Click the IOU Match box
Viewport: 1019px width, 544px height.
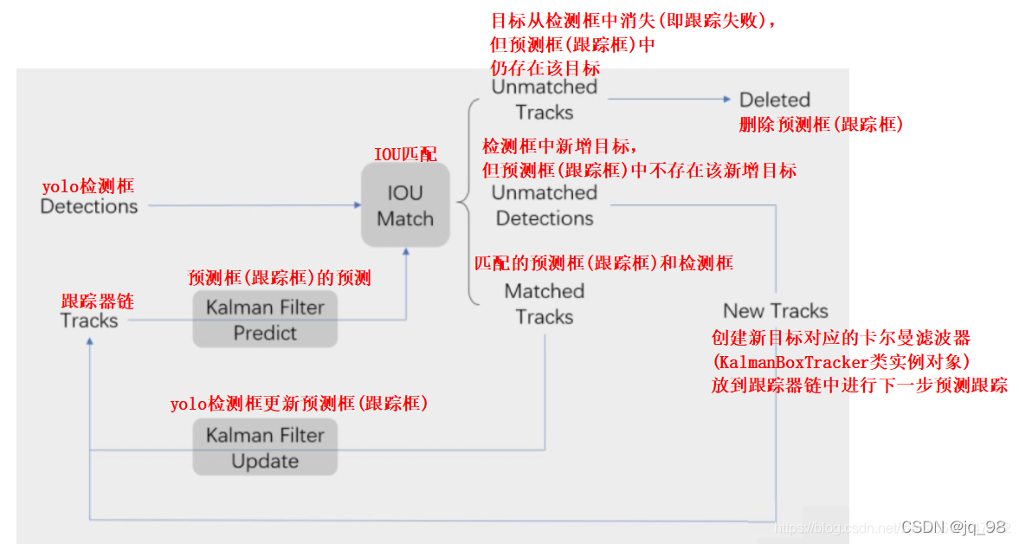point(405,205)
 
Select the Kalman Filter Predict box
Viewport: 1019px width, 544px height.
point(265,320)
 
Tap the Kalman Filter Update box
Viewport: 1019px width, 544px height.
point(265,447)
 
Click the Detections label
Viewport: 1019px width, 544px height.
point(89,206)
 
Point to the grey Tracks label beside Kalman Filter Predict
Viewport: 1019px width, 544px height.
point(89,321)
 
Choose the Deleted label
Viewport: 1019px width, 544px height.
point(774,100)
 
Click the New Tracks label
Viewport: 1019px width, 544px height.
point(776,311)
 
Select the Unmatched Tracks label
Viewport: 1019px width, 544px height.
point(545,100)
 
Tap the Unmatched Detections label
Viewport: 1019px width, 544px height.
point(545,205)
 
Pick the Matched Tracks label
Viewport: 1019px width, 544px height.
point(545,304)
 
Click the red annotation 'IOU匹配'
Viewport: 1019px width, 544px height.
point(405,154)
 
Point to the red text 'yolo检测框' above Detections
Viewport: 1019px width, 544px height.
point(88,186)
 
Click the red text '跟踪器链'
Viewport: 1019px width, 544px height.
point(97,301)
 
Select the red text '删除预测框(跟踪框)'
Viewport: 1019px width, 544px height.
point(821,125)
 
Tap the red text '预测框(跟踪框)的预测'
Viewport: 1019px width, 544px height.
point(279,278)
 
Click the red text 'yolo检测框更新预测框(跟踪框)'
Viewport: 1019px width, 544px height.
point(299,404)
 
